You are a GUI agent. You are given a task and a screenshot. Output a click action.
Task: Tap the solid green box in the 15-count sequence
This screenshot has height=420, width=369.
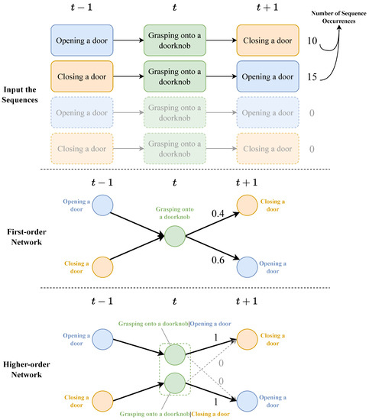point(176,77)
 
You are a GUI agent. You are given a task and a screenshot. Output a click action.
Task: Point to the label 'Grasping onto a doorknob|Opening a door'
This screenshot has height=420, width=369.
point(176,325)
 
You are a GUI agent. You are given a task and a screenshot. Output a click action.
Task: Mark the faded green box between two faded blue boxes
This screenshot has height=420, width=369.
point(176,114)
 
